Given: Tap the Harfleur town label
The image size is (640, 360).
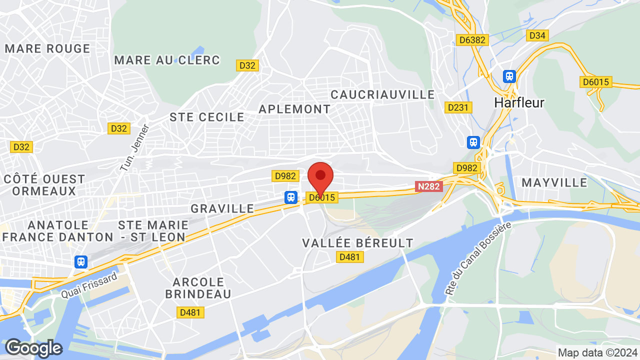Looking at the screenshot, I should point(519,102).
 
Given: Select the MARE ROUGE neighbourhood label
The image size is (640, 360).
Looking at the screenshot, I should point(47,49).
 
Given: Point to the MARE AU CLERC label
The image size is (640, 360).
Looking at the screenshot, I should point(167,60).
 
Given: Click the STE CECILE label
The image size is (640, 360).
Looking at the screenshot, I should point(207,117).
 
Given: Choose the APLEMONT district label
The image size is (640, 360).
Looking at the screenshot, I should point(294,109).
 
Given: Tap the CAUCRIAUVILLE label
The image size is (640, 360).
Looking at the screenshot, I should point(383,94).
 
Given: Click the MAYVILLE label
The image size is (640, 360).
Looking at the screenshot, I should point(554,182).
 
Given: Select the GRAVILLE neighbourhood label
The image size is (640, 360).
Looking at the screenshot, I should point(222,208).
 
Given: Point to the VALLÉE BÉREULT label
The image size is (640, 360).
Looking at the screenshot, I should point(358,243).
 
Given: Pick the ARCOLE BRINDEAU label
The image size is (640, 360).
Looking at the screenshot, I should point(198,287).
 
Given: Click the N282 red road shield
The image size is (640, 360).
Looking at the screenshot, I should point(429,186).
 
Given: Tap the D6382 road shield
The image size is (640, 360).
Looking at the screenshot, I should point(472,40).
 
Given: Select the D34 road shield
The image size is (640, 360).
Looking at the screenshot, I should point(537,35).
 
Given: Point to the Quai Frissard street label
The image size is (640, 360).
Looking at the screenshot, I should point(89,285).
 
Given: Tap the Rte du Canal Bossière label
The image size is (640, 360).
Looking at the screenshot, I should point(478,258).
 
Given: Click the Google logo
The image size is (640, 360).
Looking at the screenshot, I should point(33,348).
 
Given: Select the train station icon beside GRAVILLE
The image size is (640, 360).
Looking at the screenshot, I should point(291,197).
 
